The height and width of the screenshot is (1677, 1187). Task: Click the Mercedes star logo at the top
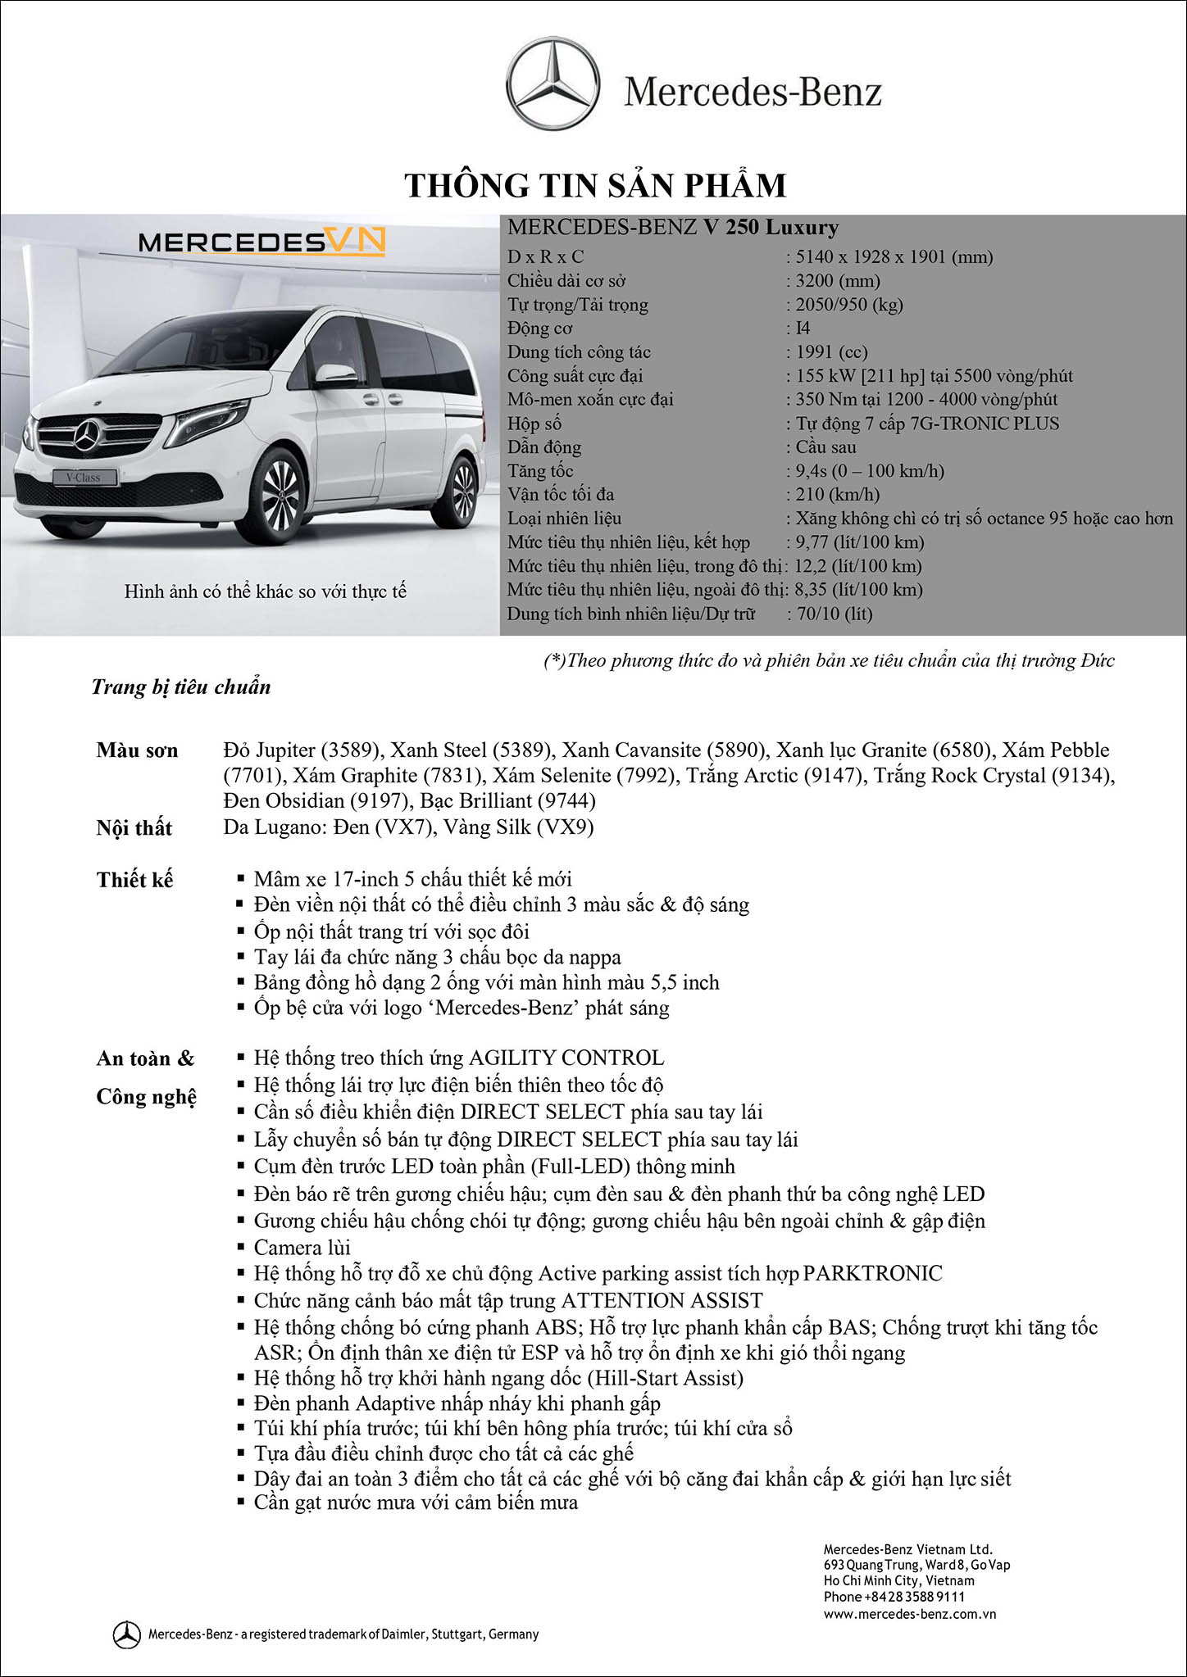coord(553,84)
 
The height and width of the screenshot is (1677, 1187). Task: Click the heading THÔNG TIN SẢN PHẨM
coord(595,185)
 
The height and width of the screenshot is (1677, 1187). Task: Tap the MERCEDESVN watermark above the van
coord(262,242)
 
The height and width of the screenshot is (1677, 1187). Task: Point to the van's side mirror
coord(334,373)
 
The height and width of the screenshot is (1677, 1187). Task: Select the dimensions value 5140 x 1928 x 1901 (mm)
coord(894,257)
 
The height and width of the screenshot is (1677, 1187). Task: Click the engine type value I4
coord(803,329)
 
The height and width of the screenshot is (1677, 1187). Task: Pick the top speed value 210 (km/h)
coord(837,495)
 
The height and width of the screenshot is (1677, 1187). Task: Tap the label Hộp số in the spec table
coord(534,424)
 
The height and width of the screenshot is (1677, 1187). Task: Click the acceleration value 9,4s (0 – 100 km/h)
coord(869,471)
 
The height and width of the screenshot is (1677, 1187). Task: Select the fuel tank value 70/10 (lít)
coord(834,614)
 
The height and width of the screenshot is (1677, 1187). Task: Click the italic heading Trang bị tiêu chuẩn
coord(181,687)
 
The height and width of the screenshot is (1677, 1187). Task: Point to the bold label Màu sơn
coord(137,750)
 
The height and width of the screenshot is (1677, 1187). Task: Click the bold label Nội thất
coord(134,827)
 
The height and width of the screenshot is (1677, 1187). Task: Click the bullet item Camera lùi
coord(302,1248)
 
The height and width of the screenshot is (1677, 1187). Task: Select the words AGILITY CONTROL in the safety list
coord(566,1058)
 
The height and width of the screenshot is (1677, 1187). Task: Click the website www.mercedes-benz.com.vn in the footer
coord(910,1614)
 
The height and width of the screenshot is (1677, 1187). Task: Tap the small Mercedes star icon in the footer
coord(126,1634)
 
